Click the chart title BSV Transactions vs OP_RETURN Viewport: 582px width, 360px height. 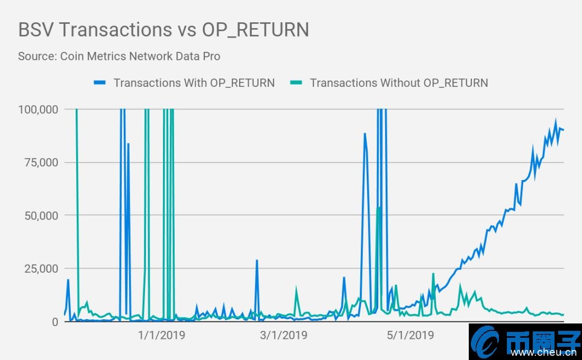163,30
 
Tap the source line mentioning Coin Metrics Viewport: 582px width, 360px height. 119,56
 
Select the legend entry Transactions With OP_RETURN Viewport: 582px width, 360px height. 194,83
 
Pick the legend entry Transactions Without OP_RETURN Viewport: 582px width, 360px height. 398,83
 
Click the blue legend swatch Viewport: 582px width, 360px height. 100,83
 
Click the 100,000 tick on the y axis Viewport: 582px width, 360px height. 38,110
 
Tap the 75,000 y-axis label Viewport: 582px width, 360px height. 41,163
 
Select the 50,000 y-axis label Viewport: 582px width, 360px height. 41,215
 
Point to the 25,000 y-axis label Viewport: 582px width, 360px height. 41,268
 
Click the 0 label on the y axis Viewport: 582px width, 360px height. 55,322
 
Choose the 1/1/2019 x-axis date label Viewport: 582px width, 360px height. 161,335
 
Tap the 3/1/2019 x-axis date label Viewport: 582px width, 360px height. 284,335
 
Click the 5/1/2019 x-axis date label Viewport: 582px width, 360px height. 411,335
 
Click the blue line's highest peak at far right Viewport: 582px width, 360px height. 556,121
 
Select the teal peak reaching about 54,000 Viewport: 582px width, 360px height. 378,208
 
